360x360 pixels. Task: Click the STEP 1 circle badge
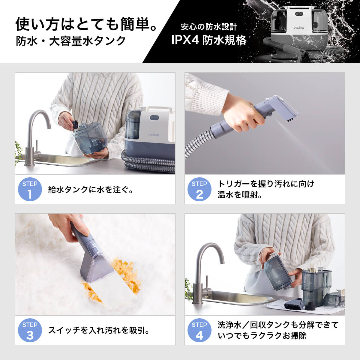(30, 190)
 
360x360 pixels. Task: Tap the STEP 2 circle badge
(199, 190)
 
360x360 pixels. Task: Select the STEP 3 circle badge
(30, 330)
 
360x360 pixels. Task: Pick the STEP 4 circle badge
(199, 330)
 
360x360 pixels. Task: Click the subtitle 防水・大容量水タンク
(71, 41)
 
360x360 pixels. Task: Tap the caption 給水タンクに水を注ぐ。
(91, 190)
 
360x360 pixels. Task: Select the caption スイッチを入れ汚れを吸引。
(99, 330)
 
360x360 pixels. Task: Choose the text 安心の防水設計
(209, 27)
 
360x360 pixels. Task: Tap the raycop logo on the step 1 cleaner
(153, 135)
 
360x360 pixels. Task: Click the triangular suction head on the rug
(96, 267)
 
